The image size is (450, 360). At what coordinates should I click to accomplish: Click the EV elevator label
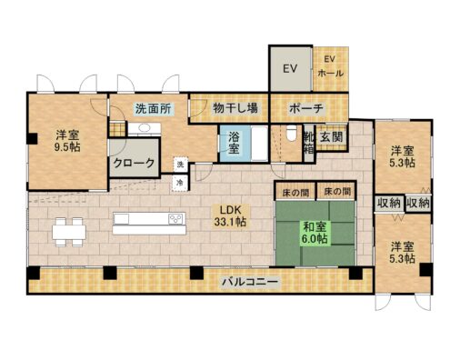coord(290,69)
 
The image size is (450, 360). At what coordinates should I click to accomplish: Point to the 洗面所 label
coord(151,108)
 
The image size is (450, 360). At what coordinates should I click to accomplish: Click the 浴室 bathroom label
coord(234,144)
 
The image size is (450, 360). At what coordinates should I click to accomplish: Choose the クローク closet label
coord(134,165)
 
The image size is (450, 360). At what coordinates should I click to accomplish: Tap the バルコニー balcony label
coord(248,282)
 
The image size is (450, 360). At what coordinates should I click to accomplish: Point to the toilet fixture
coord(290,135)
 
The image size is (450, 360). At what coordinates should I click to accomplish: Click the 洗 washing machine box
coord(180,165)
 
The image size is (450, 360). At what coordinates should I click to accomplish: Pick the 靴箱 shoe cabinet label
coord(310,143)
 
